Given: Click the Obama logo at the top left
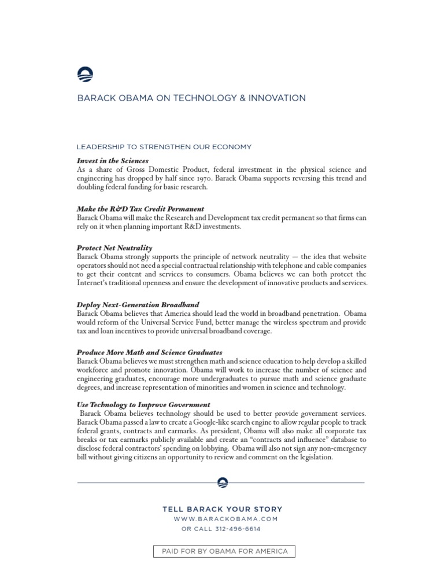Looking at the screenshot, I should click(x=85, y=75).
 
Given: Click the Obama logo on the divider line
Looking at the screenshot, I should click(x=222, y=482).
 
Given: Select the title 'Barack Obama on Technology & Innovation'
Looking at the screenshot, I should click(x=191, y=98).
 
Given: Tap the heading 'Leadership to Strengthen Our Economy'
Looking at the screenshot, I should click(x=164, y=147).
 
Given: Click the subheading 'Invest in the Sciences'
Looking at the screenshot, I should click(x=113, y=161).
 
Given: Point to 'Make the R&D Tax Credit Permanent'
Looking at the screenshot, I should click(x=140, y=209).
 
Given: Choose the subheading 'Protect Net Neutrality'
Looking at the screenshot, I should click(x=114, y=248).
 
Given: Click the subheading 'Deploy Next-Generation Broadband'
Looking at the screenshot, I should click(x=138, y=305).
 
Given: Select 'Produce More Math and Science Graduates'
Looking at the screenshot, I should click(x=150, y=352).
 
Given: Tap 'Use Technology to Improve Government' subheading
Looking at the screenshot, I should click(x=143, y=405).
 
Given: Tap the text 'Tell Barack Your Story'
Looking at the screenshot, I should click(x=223, y=510).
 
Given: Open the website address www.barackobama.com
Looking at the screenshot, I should click(x=226, y=519).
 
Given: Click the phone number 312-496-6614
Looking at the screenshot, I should click(x=238, y=529).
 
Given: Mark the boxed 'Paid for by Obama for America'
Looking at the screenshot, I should click(x=224, y=551).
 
